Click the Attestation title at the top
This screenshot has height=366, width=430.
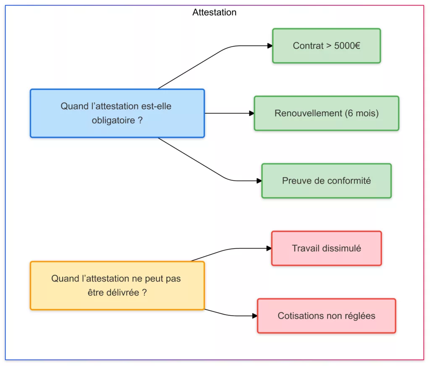(214, 13)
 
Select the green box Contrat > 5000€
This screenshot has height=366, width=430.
(326, 46)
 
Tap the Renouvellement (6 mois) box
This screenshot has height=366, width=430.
(326, 113)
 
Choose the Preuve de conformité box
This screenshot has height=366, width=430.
(326, 181)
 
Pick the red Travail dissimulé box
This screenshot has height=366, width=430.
(326, 248)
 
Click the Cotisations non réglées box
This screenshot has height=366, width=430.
(326, 316)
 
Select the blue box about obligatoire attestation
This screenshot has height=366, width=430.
(117, 113)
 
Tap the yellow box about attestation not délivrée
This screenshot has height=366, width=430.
(117, 285)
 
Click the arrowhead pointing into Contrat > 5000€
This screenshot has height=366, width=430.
(270, 46)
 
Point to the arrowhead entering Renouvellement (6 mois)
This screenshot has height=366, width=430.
(252, 113)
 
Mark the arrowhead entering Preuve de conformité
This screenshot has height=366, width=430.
(259, 181)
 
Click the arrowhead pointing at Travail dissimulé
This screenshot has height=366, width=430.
(269, 248)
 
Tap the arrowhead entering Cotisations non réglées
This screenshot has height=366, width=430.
(255, 316)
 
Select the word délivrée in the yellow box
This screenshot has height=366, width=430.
(121, 293)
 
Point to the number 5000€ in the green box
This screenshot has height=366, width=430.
(347, 46)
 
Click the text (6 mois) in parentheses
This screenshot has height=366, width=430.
(361, 113)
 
